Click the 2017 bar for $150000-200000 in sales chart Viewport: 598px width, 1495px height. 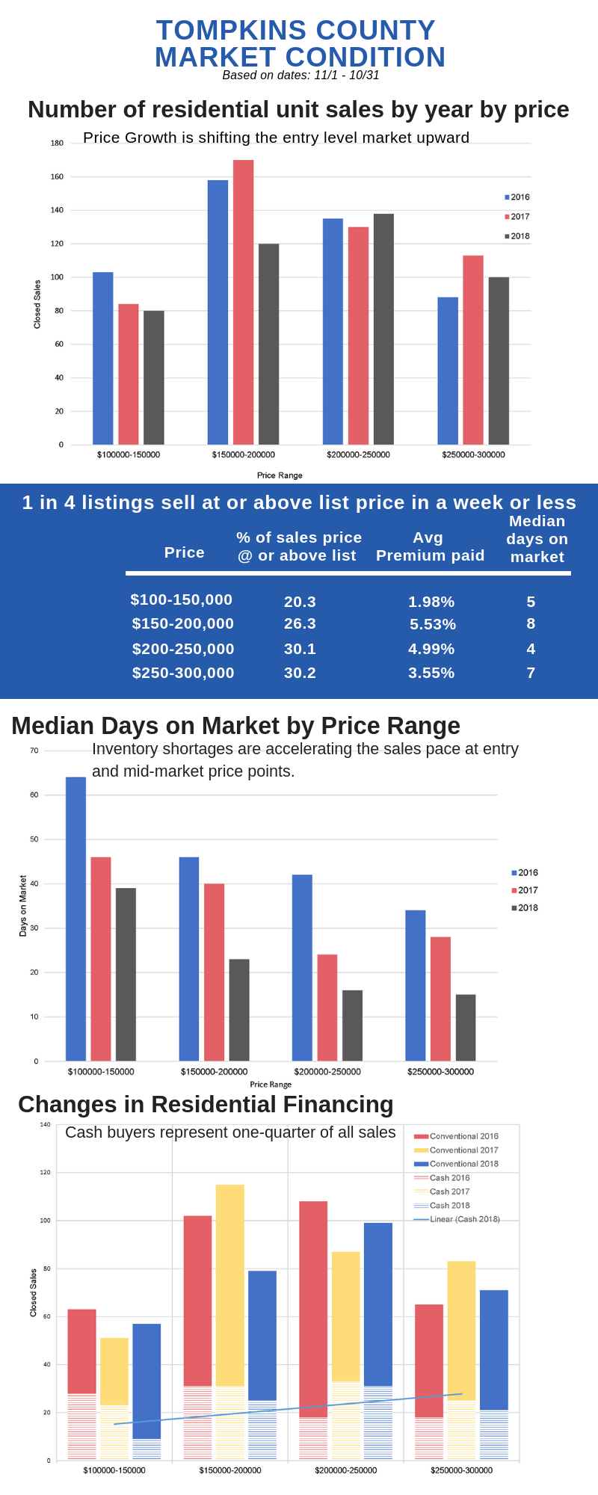(243, 303)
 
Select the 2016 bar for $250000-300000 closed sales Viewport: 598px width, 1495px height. (448, 372)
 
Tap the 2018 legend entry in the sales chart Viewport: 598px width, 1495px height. (517, 236)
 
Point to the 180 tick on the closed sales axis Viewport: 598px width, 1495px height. (57, 144)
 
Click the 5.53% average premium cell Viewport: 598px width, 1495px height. (432, 624)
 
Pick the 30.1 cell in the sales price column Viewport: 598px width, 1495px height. (300, 649)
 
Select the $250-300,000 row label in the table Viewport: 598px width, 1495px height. (183, 673)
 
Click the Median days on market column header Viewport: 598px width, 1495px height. (537, 539)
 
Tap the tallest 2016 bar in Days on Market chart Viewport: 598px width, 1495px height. (75, 919)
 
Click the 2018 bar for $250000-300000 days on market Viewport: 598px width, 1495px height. (466, 1028)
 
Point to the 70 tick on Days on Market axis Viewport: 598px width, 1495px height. (34, 750)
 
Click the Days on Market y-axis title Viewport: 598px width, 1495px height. (23, 906)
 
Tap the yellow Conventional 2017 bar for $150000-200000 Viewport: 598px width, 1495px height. (230, 1286)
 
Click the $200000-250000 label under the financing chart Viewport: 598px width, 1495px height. (345, 1470)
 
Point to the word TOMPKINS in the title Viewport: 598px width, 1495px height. (221, 31)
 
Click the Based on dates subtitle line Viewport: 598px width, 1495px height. (300, 75)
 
